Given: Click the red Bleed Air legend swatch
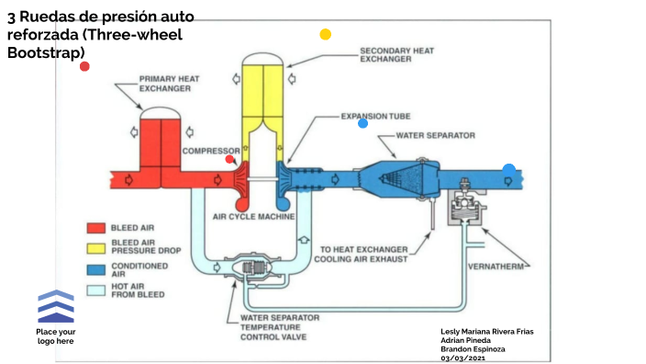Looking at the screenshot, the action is coord(96,228).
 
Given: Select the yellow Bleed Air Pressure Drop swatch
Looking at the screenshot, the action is coord(96,248).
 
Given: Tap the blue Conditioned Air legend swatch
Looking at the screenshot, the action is coord(96,269).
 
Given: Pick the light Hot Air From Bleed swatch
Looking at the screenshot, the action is coord(96,290).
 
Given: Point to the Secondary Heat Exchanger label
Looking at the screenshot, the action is coord(396,55).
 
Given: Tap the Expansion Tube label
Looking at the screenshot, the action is coord(375,117).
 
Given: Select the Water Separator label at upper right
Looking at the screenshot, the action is coord(436,135).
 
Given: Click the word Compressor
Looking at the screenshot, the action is coord(211,151).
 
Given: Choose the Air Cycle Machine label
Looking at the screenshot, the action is coord(254,216).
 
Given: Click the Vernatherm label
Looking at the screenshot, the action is coord(496,267).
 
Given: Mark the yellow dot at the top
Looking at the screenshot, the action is coord(326,34).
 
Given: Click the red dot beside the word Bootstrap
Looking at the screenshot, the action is coord(84,66).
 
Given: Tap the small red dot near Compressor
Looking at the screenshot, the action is coord(229,159).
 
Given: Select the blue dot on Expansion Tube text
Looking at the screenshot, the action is coord(362,123).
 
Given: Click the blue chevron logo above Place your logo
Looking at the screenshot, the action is coord(56,306).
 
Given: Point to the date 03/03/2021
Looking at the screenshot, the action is coord(462,358).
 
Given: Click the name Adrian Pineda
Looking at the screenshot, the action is coord(465,340).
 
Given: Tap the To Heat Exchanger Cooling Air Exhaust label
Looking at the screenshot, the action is coord(361,255).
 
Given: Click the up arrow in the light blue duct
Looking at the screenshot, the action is coord(304,239).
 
